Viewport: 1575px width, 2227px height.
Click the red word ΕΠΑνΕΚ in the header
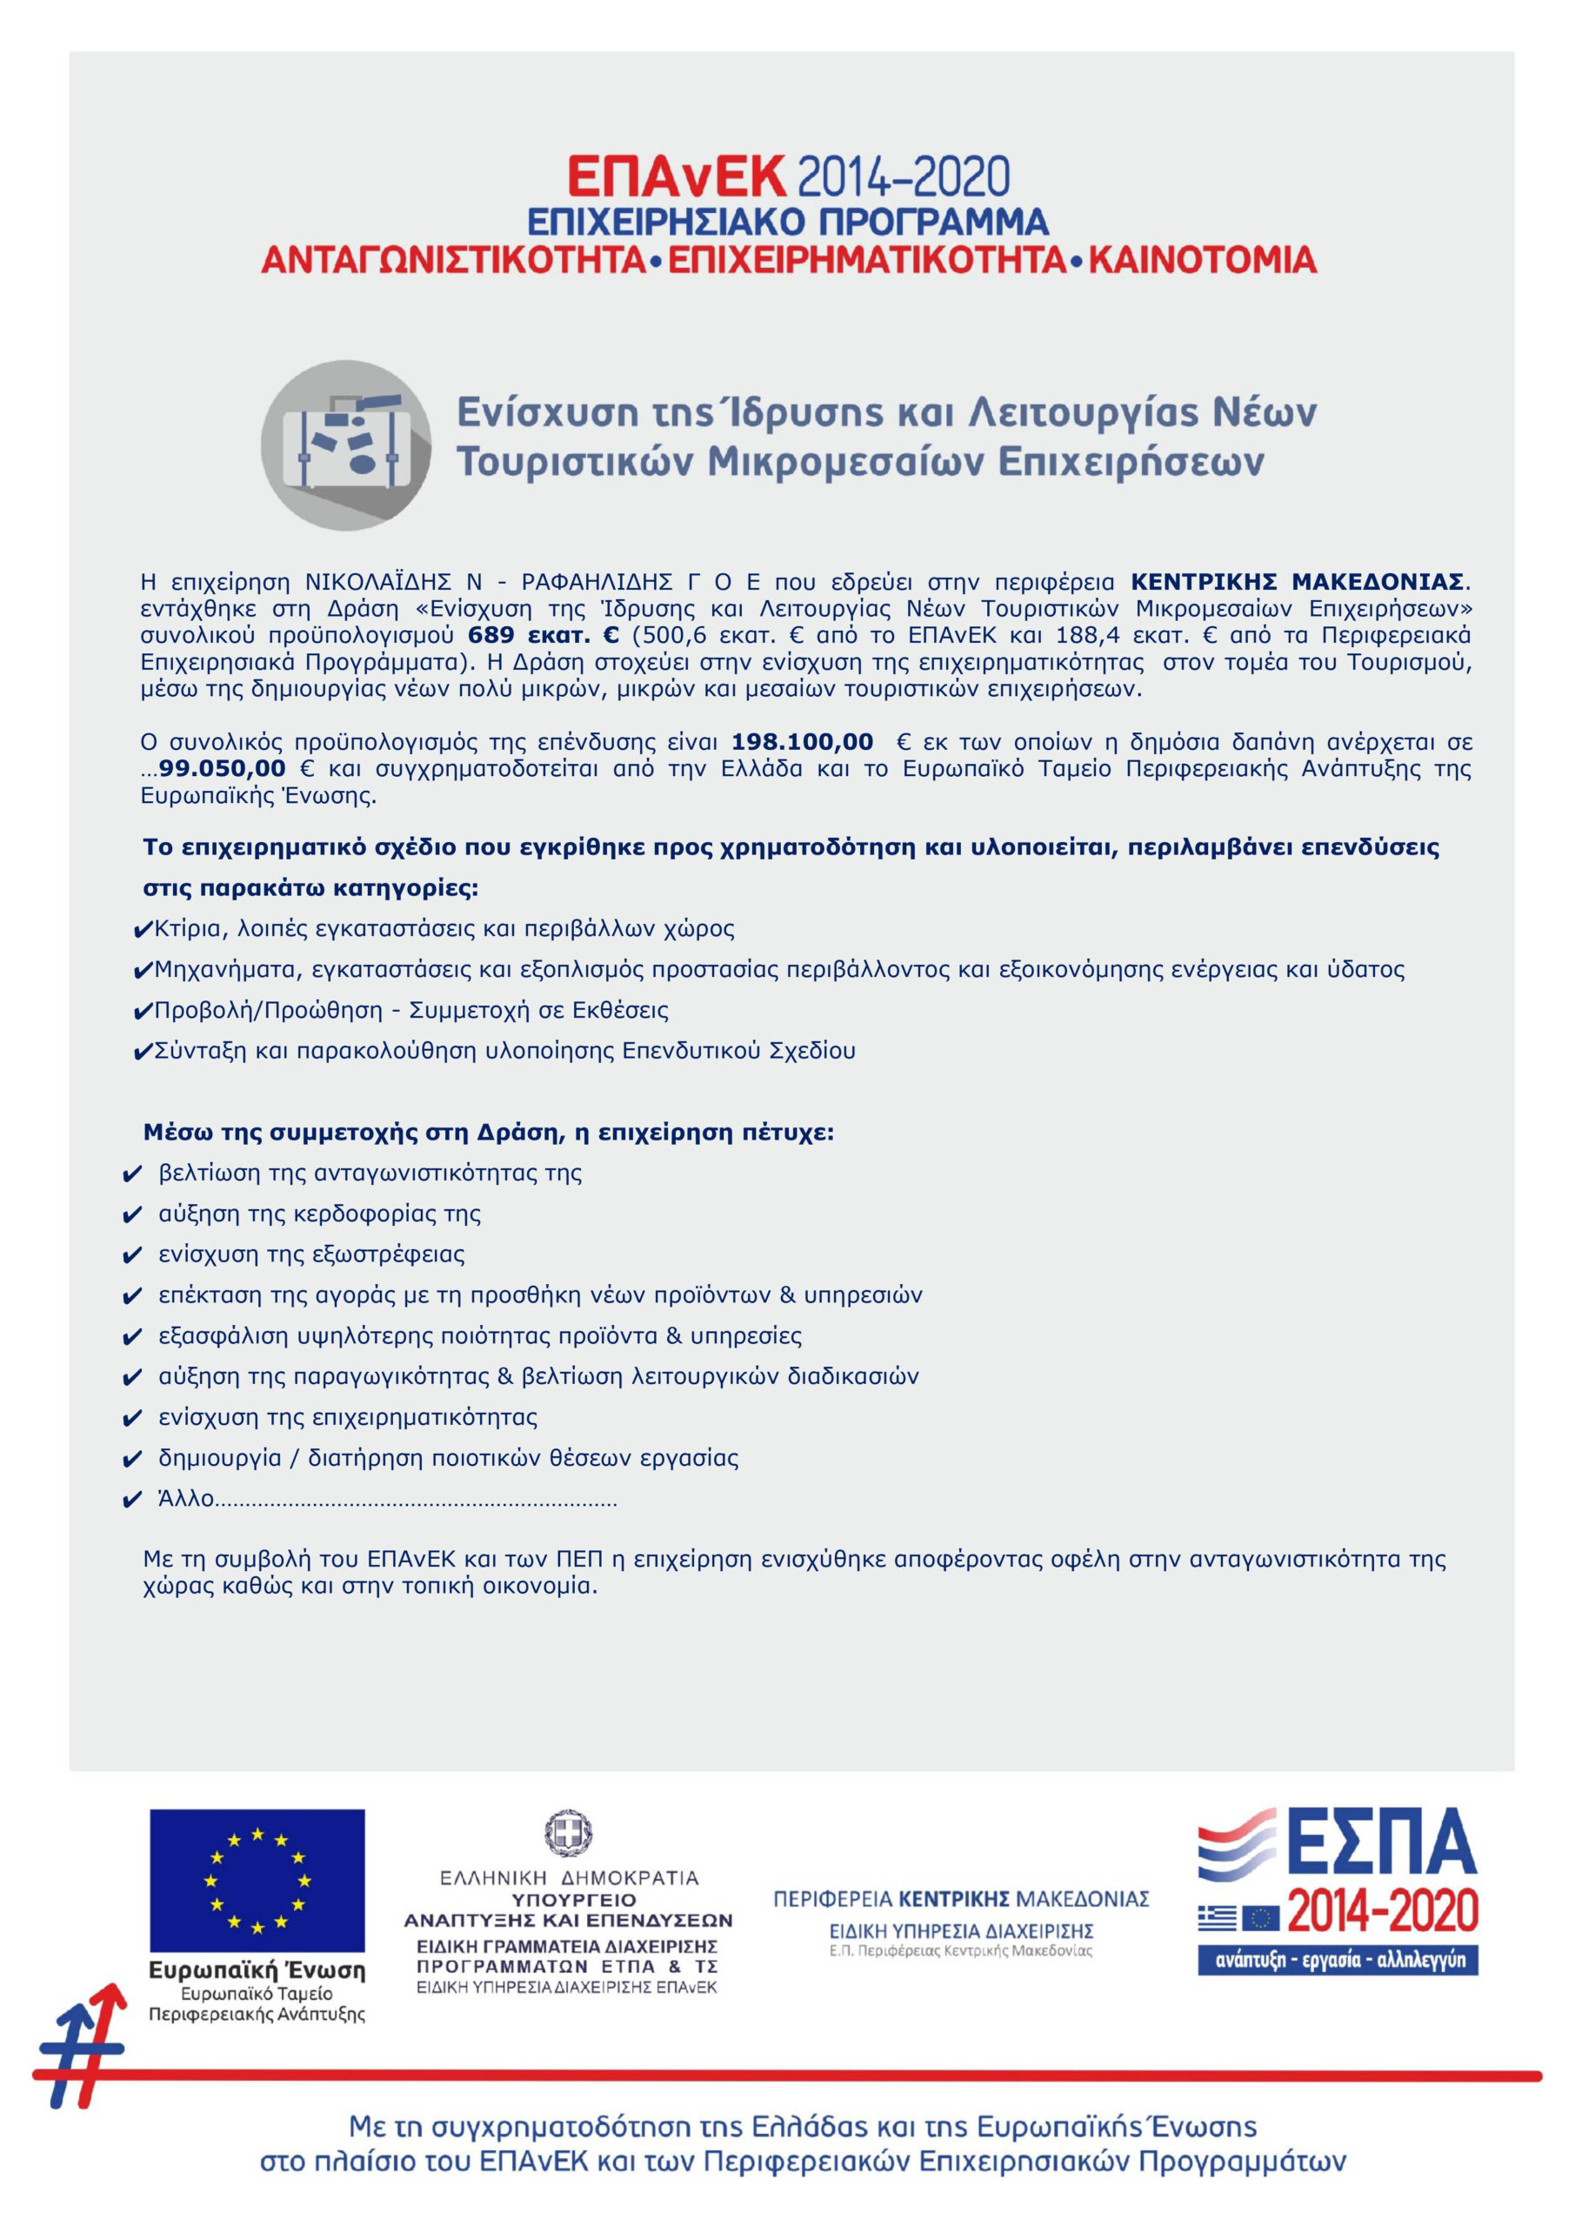(676, 177)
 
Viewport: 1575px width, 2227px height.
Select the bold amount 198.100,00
(802, 742)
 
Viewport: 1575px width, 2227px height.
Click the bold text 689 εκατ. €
(543, 636)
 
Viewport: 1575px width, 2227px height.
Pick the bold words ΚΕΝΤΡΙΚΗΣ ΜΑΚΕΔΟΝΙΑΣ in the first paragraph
(1297, 582)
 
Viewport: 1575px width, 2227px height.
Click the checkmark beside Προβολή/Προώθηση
(143, 1012)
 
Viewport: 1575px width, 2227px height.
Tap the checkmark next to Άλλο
(133, 1501)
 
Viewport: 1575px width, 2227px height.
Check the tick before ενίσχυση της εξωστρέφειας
(133, 1256)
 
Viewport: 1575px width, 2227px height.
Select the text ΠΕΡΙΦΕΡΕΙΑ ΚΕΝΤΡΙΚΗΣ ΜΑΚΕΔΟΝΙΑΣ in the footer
(960, 1899)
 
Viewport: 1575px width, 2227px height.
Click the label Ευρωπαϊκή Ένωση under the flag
(257, 1970)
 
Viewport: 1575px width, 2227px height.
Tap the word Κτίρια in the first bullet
(188, 929)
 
